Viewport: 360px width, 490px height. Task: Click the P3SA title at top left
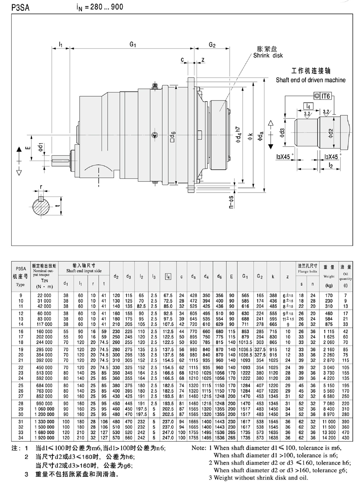20,8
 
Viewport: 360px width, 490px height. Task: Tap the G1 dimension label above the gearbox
133,44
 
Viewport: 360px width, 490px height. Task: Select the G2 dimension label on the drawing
212,45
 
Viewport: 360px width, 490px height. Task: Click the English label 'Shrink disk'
268,55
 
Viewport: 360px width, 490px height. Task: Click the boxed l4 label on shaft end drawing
308,106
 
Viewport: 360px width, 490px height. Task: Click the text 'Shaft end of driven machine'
311,80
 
